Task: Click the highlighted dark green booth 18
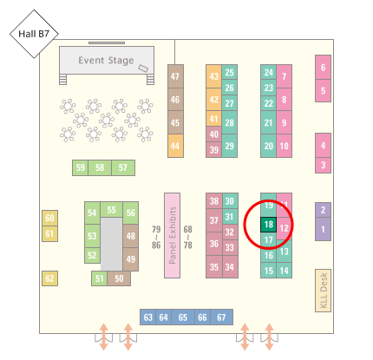coord(268,225)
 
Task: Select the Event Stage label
coord(106,61)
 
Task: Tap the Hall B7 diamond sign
coord(34,34)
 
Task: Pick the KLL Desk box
coord(323,291)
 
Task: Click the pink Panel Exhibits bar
coord(173,235)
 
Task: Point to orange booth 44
coord(175,146)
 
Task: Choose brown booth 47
coord(175,76)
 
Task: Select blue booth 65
coord(183,317)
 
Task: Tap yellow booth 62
coord(49,278)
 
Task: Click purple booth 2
coord(323,210)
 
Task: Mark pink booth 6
coord(323,68)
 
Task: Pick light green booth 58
coord(100,167)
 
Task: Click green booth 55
coord(111,210)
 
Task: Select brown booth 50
coord(119,278)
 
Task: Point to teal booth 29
coord(230,146)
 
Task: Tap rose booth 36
coord(214,244)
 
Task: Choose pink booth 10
coord(284,146)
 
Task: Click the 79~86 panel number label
coord(156,238)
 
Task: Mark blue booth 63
coord(148,317)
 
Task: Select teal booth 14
coord(284,271)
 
